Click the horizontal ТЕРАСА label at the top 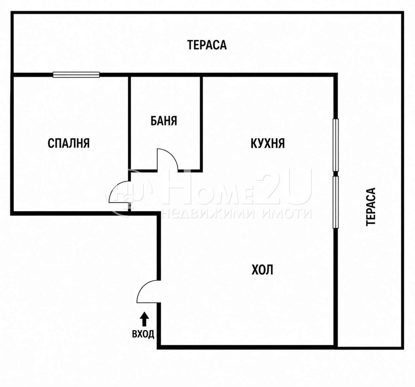tap(207, 45)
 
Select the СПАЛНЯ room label tap(69, 143)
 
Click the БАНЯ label tap(164, 121)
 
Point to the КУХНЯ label tap(268, 144)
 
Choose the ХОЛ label tap(262, 270)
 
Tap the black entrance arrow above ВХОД tap(144, 319)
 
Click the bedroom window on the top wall tap(76, 74)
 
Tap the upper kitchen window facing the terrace tap(335, 145)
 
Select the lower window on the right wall tap(335, 202)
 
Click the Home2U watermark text tap(209, 189)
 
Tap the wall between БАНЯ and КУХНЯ tap(201, 123)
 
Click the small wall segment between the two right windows tap(335, 174)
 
